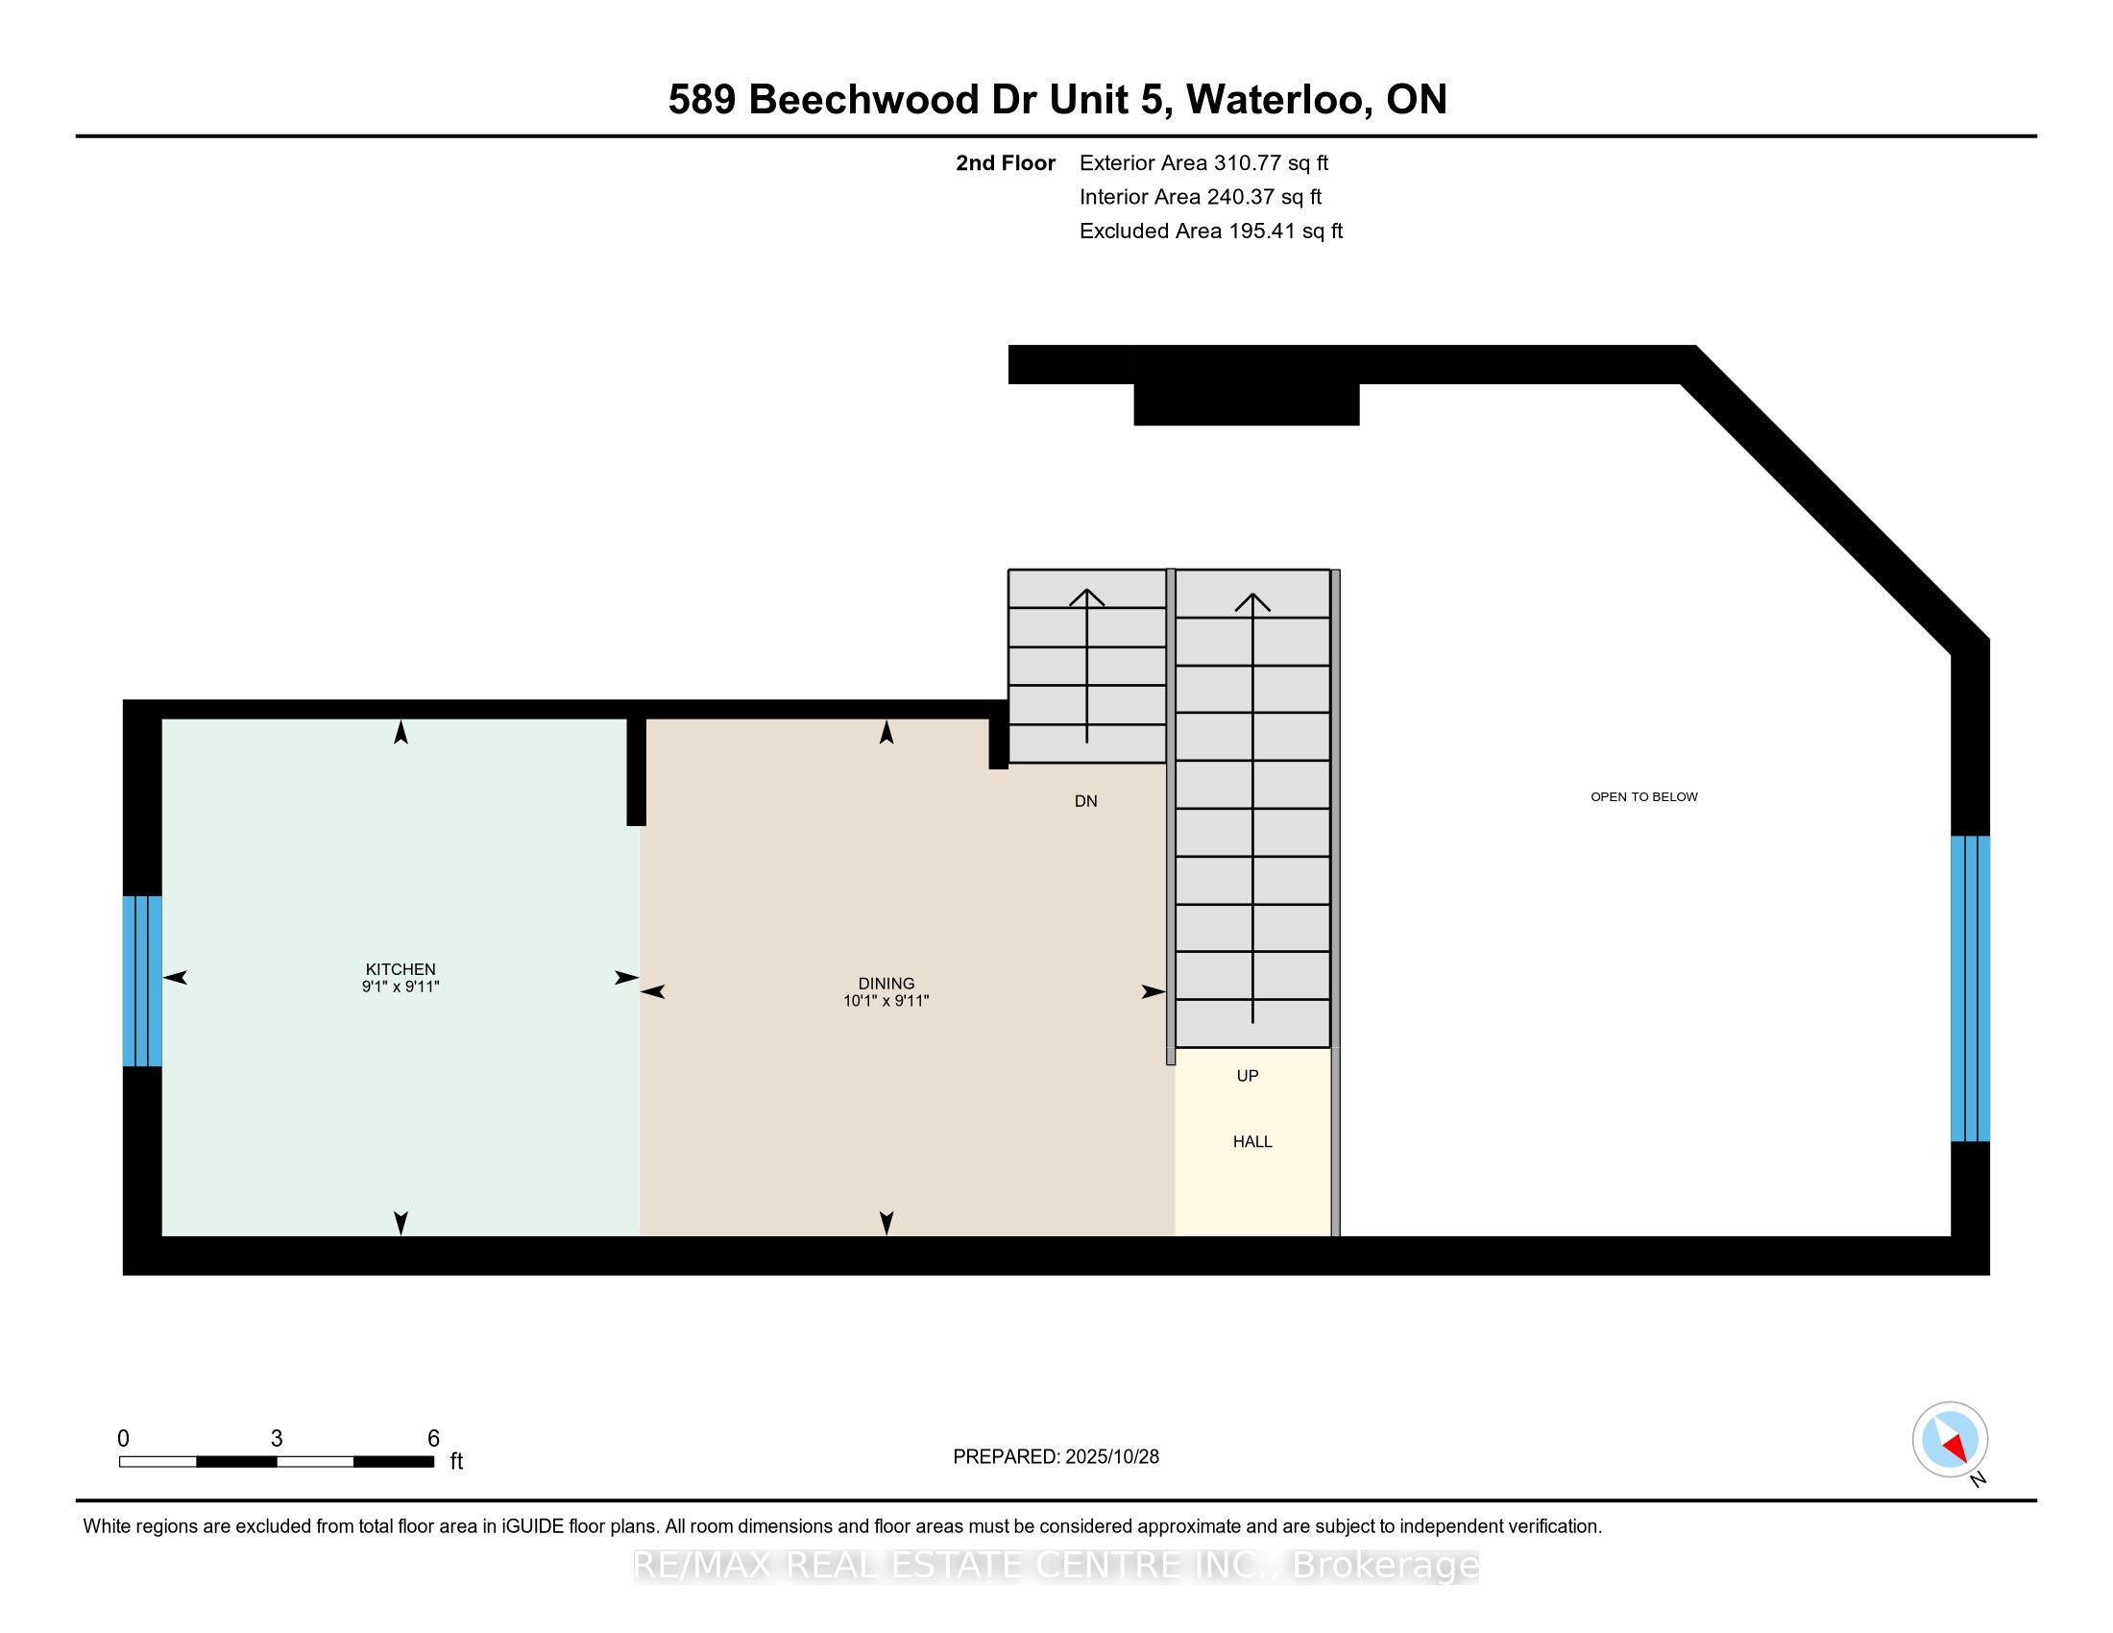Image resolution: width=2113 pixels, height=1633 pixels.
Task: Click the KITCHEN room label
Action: pyautogui.click(x=401, y=968)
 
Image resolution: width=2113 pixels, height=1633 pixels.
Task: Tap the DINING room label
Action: pyautogui.click(x=886, y=983)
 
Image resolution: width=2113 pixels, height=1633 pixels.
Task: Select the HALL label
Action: pyautogui.click(x=1251, y=1141)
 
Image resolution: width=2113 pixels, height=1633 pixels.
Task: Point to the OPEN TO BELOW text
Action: pyautogui.click(x=1643, y=797)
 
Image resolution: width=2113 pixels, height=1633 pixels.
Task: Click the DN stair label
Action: pyautogui.click(x=1085, y=801)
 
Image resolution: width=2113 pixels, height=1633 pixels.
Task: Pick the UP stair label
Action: pyautogui.click(x=1247, y=1076)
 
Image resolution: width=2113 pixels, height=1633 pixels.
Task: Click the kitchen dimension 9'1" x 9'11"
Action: pyautogui.click(x=401, y=987)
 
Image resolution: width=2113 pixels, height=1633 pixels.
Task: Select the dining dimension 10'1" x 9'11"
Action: pyautogui.click(x=886, y=1001)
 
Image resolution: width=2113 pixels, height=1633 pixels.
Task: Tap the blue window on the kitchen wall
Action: pyautogui.click(x=142, y=981)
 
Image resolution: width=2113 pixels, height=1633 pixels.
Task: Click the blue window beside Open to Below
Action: pyautogui.click(x=1970, y=988)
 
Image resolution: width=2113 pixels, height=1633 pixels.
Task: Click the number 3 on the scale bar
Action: pyautogui.click(x=277, y=1439)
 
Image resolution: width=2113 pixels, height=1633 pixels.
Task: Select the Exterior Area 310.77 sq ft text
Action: pyautogui.click(x=1203, y=163)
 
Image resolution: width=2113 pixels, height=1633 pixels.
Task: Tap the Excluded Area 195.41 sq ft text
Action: pyautogui.click(x=1210, y=232)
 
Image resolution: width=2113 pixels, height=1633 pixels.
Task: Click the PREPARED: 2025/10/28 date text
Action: pyautogui.click(x=1056, y=1457)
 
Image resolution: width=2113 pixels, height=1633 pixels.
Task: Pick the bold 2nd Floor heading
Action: pyautogui.click(x=1006, y=163)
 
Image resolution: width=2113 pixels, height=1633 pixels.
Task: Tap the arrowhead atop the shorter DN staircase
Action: pyautogui.click(x=1086, y=597)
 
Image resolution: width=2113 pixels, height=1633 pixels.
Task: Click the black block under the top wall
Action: pyautogui.click(x=1246, y=403)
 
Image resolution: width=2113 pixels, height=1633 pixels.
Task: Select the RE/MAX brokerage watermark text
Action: pyautogui.click(x=1056, y=1566)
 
